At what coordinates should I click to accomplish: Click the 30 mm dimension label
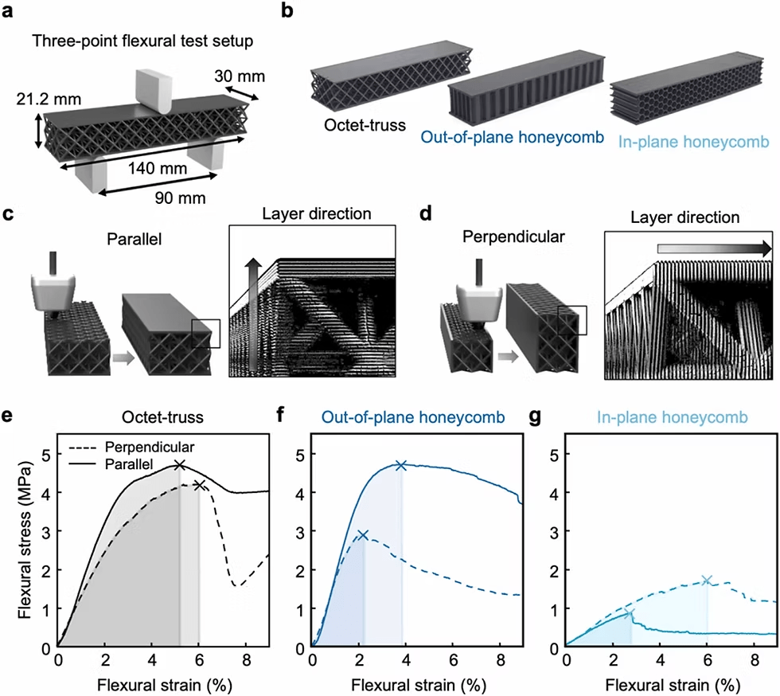(240, 76)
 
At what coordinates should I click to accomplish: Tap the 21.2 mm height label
(49, 99)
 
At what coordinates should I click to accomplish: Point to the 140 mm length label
(158, 168)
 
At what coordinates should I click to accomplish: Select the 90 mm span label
(180, 197)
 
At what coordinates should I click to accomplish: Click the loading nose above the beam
(153, 92)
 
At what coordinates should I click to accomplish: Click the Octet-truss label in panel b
(365, 125)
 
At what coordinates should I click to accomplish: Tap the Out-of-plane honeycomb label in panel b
(512, 137)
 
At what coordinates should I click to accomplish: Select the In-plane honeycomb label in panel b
(693, 142)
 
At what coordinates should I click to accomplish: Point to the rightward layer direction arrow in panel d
(715, 248)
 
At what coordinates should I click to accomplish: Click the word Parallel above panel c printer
(135, 240)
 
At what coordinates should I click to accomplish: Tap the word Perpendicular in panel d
(513, 237)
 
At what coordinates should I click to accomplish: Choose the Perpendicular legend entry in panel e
(150, 447)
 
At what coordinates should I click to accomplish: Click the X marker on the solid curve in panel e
(180, 465)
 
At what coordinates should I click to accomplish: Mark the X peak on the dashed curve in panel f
(363, 535)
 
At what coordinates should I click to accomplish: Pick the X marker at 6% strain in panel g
(707, 580)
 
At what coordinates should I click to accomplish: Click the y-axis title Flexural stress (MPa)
(25, 541)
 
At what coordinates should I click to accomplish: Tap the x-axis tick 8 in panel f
(501, 660)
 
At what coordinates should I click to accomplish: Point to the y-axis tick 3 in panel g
(554, 532)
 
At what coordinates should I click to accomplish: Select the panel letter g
(534, 416)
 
